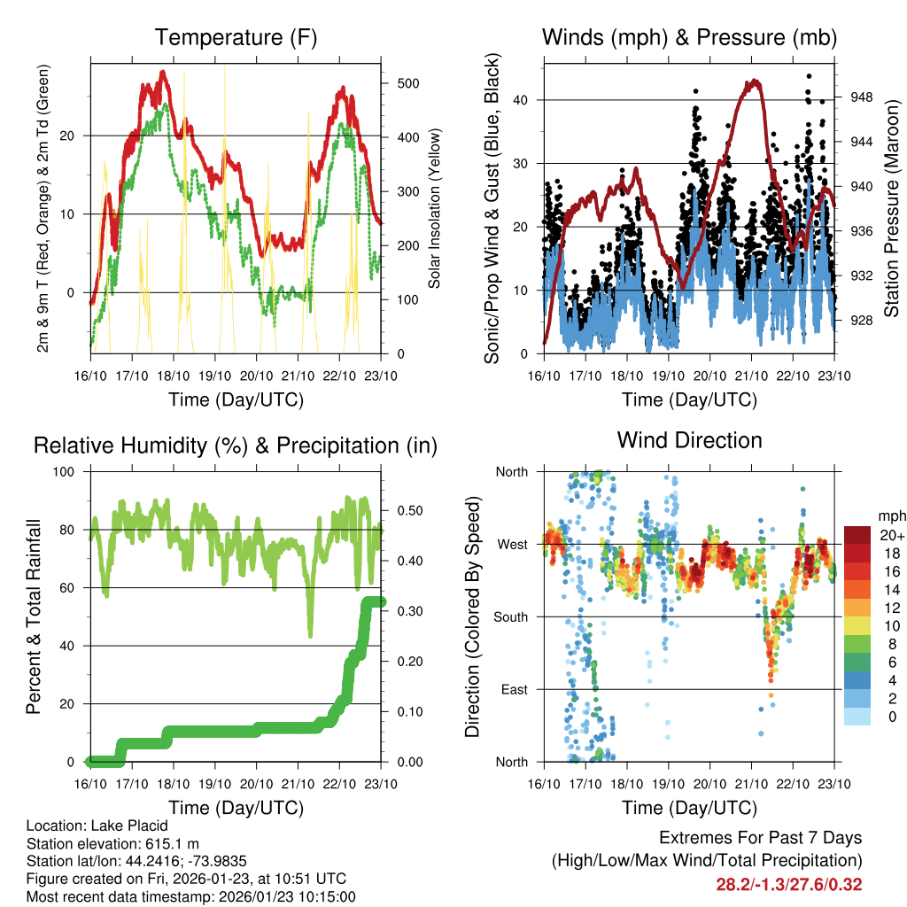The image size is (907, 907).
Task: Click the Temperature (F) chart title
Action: pos(236,38)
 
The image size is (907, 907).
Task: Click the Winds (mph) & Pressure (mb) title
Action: pos(689,38)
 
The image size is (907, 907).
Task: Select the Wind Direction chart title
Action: pos(689,440)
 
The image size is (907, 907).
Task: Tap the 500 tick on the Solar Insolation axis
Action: pos(408,83)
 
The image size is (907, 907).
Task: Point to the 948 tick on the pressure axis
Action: pos(861,97)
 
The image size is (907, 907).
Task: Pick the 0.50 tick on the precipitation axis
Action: pos(408,511)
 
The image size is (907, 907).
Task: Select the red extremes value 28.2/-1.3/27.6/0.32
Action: pos(788,884)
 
